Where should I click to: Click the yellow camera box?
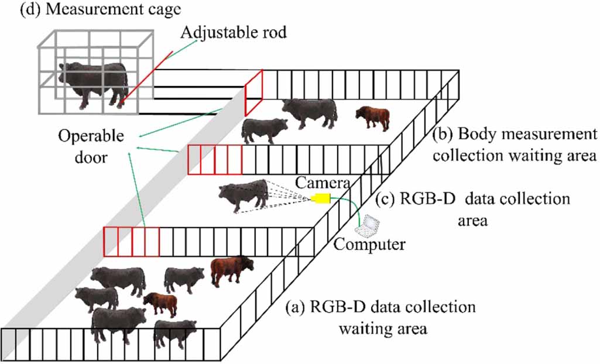click(321, 198)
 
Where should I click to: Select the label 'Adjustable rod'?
click(234, 32)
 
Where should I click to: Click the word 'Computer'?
click(369, 243)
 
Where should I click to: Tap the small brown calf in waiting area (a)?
click(161, 303)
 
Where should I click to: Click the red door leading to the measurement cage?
click(253, 92)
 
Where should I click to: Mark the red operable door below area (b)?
click(214, 160)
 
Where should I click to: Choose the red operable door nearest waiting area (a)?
click(131, 242)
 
